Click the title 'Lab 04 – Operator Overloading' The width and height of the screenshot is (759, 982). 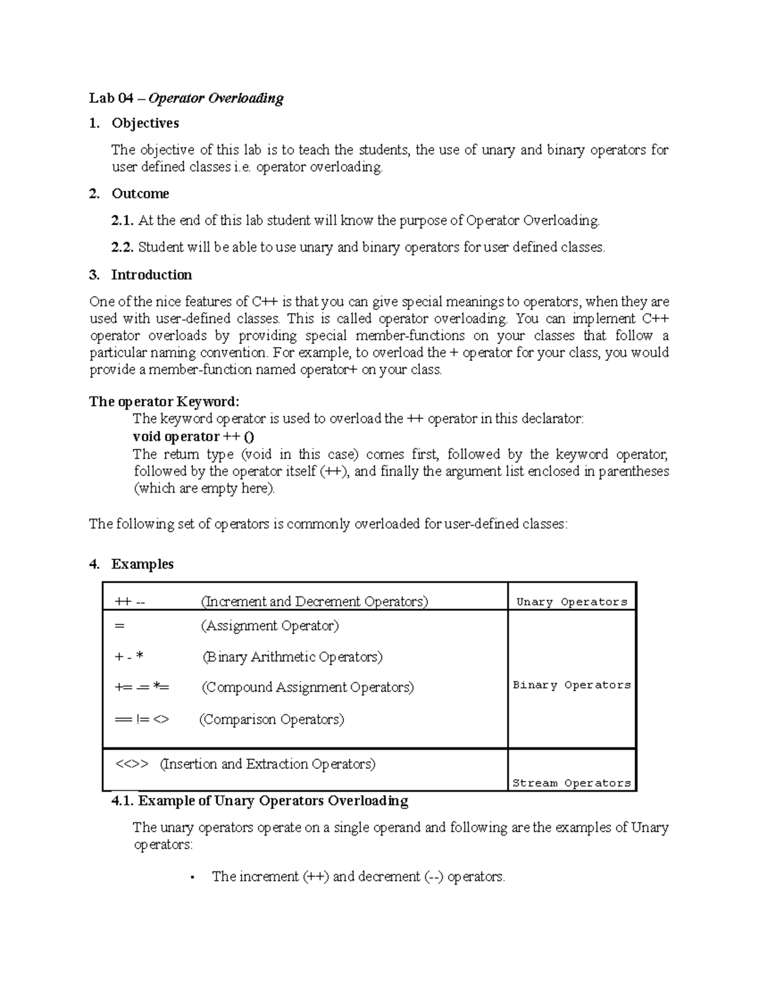(x=186, y=98)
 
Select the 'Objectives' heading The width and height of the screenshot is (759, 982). (x=145, y=123)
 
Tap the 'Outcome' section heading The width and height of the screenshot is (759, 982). (x=140, y=193)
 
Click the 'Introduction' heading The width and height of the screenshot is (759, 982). (x=151, y=275)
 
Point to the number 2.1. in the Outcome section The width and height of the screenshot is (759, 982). (x=123, y=221)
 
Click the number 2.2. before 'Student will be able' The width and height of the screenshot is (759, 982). (x=123, y=247)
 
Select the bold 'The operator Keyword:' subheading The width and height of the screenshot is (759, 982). (x=164, y=402)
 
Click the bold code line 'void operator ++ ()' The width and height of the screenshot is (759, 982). (x=194, y=436)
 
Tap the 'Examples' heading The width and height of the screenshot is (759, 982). (x=142, y=564)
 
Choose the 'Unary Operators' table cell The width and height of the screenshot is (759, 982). (x=572, y=602)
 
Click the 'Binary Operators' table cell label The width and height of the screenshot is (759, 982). (x=572, y=685)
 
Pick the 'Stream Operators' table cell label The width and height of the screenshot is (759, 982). (x=572, y=783)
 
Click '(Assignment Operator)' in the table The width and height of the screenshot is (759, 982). (x=270, y=626)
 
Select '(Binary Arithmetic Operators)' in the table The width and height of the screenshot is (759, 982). (x=292, y=657)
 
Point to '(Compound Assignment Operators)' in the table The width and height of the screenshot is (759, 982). (x=307, y=687)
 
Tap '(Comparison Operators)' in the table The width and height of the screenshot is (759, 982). (x=272, y=720)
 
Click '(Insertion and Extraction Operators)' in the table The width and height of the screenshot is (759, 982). (x=268, y=764)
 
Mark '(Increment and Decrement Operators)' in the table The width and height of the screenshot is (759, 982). (x=314, y=601)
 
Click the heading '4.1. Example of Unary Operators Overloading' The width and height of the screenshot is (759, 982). (x=259, y=801)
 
